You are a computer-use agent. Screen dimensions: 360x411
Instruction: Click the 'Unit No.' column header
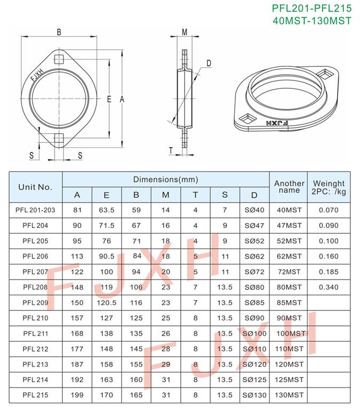(35, 187)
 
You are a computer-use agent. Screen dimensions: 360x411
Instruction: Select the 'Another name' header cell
(289, 187)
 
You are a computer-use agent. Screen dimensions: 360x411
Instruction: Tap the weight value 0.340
(328, 287)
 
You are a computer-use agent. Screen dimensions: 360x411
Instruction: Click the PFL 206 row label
(35, 256)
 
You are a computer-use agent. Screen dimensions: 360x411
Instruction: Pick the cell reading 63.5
(106, 210)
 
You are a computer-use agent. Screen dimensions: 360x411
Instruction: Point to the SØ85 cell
(255, 303)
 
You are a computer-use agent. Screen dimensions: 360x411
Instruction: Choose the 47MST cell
(289, 225)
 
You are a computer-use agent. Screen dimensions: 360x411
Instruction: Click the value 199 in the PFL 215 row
(77, 395)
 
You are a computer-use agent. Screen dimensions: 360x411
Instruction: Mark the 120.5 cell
(106, 303)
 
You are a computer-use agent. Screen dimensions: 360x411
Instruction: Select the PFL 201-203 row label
(35, 210)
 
